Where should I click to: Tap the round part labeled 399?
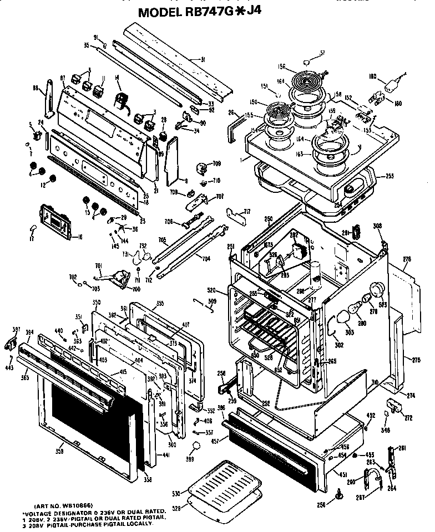195,446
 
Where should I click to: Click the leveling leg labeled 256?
338,494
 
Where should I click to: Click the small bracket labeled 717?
238,214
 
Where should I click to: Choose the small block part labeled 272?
396,406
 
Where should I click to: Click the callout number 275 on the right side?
416,360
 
